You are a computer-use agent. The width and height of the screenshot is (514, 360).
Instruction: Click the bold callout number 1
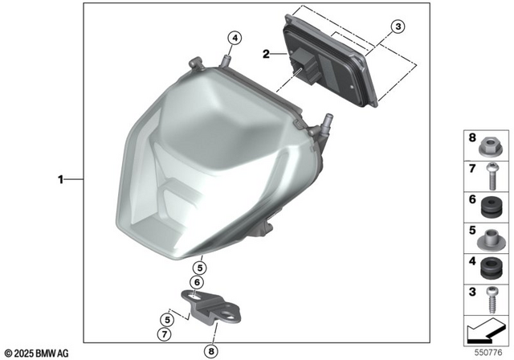[60, 179]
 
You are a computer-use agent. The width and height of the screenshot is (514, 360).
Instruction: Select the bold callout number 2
[266, 55]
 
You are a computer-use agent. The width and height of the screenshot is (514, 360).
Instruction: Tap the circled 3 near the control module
[396, 27]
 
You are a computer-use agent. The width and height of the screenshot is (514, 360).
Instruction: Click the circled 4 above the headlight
[234, 37]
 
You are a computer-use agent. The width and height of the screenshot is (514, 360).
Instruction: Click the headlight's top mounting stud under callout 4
[228, 58]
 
